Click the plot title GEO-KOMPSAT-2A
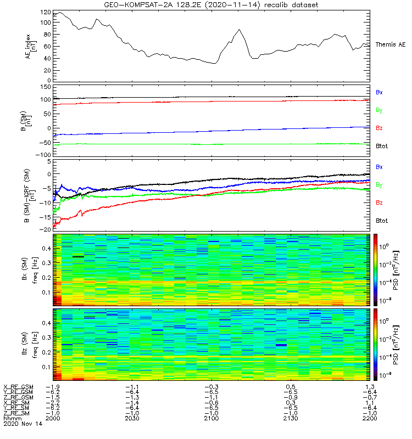coord(210,5)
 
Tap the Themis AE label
coord(391,44)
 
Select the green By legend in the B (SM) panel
coord(379,110)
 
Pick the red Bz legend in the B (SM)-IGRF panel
coord(379,202)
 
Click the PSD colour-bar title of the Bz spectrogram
coord(402,344)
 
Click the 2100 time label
coord(212,418)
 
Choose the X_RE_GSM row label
coord(18,387)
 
